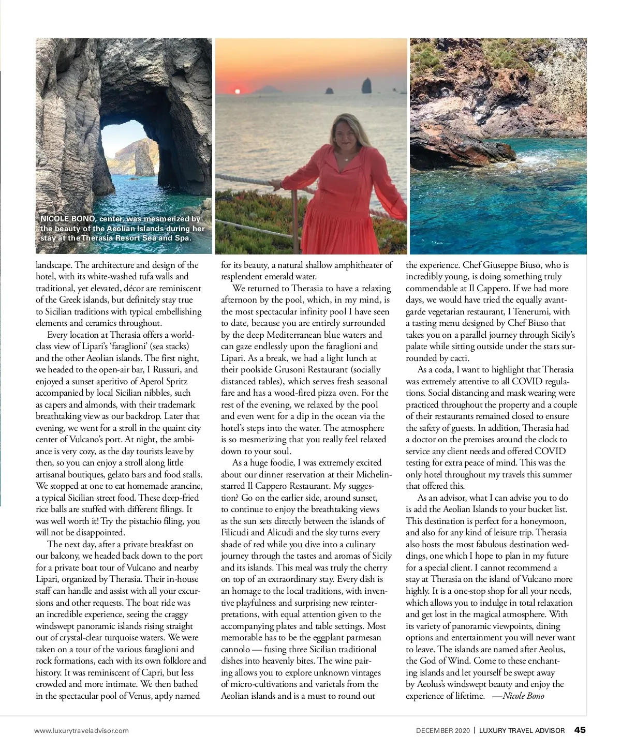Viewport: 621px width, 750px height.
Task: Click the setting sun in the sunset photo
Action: [x=238, y=92]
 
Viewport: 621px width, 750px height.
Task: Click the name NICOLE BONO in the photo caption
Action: [x=67, y=219]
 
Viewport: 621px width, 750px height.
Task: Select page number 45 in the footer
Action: [x=580, y=730]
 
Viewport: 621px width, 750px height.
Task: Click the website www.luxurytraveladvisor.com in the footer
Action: [x=81, y=730]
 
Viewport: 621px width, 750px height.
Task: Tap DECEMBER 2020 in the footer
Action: [x=442, y=730]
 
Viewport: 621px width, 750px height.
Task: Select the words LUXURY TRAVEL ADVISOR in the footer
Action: [x=522, y=730]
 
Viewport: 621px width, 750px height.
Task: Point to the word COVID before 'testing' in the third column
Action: [x=550, y=451]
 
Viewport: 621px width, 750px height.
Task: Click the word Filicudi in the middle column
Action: [x=235, y=532]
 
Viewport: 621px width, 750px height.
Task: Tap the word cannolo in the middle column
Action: [x=235, y=649]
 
